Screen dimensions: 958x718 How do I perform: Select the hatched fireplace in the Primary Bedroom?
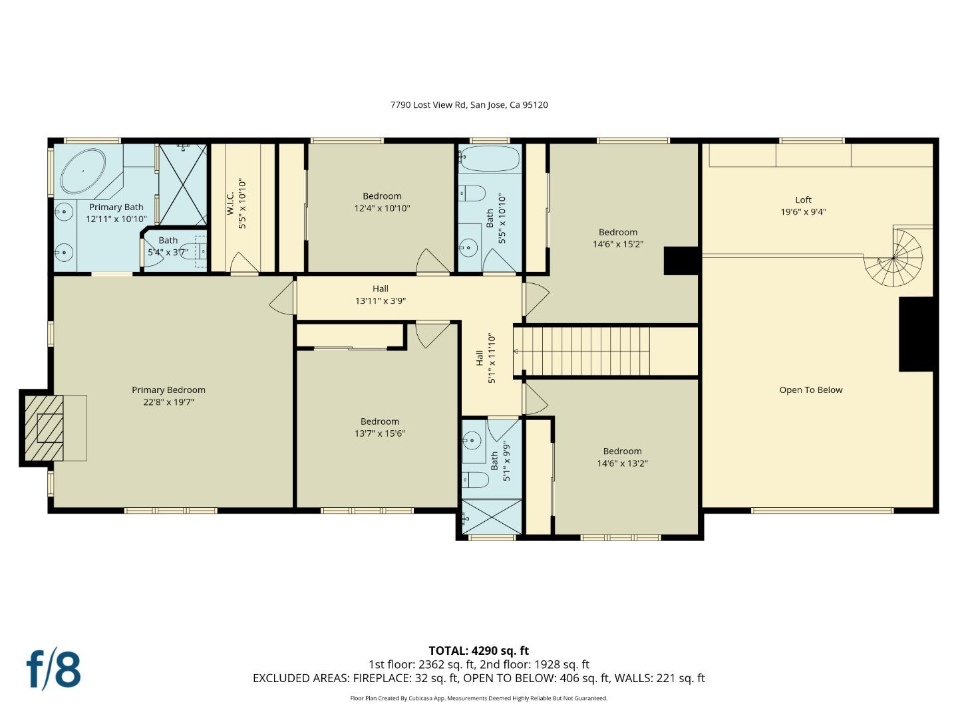click(x=44, y=427)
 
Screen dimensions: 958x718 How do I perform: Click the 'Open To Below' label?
click(x=810, y=390)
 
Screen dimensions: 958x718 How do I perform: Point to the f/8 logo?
click(x=54, y=670)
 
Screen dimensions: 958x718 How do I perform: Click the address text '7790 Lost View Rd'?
click(x=428, y=104)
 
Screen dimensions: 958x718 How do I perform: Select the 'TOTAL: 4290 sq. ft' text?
click(x=479, y=650)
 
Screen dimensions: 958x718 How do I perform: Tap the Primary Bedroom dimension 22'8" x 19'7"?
click(x=168, y=402)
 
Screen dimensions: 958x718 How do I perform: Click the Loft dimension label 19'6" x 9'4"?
click(x=803, y=212)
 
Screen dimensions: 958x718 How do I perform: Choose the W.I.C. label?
click(x=230, y=203)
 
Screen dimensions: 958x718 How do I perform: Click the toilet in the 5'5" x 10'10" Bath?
click(x=472, y=193)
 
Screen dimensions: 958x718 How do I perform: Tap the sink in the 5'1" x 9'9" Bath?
click(x=471, y=441)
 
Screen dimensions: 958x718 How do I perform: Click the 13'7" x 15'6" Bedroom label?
click(x=379, y=427)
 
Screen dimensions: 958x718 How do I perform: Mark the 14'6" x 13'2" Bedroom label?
click(x=622, y=457)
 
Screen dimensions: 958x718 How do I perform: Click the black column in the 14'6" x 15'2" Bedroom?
click(x=681, y=261)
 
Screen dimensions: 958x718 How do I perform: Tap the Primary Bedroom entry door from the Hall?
click(x=282, y=297)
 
